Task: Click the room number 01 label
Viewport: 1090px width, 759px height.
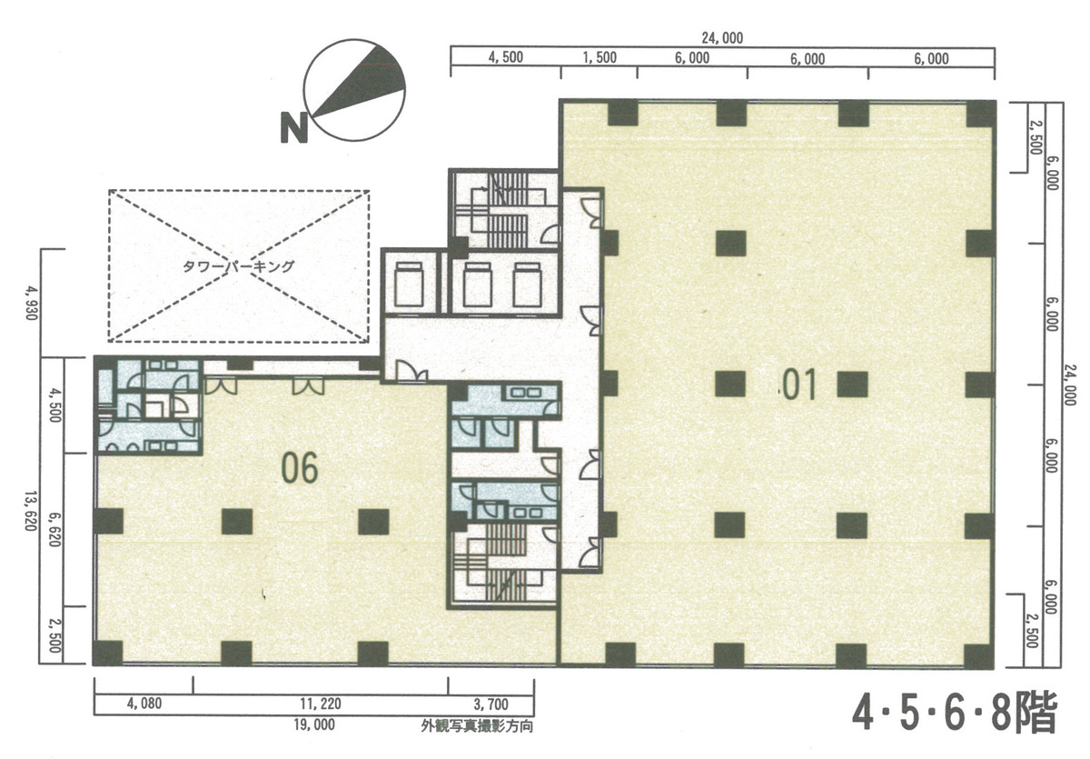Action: [800, 385]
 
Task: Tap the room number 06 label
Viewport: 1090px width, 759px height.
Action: [300, 469]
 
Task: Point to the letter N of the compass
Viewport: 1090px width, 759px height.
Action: [292, 128]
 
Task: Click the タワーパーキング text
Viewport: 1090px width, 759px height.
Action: [237, 266]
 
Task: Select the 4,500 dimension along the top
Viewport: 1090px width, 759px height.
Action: [505, 57]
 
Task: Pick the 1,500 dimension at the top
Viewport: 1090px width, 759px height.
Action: [599, 57]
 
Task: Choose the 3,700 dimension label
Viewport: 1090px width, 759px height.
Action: [491, 703]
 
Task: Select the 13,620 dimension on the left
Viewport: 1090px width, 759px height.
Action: [34, 513]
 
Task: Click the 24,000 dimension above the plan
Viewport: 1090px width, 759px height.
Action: [722, 37]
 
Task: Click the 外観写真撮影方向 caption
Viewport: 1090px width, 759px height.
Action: [476, 726]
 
